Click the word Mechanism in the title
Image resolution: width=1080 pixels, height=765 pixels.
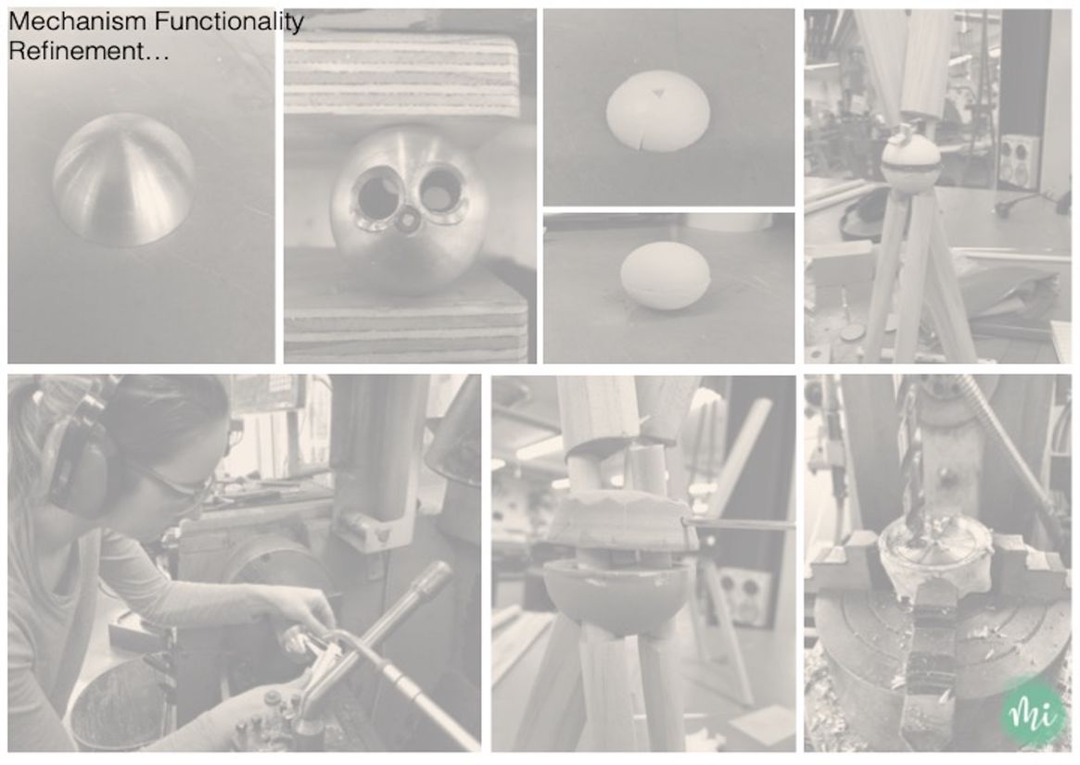point(78,21)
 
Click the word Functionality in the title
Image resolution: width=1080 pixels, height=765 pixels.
point(229,23)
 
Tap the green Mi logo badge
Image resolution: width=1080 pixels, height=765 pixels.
point(1032,713)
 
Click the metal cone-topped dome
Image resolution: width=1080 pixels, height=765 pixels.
point(124,181)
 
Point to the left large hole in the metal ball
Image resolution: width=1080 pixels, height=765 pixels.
point(375,195)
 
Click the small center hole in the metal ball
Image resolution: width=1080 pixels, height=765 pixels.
point(409,221)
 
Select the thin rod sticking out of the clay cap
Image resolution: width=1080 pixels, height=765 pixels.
point(738,525)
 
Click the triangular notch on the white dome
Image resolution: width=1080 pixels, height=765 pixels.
point(659,93)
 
